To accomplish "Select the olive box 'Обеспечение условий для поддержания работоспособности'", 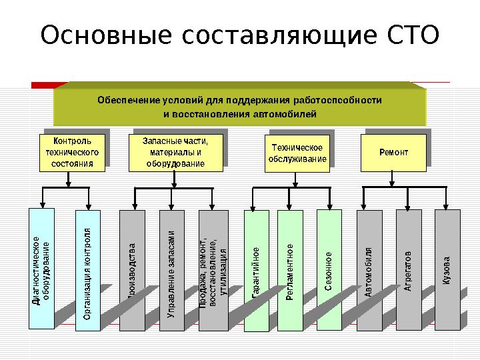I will (239, 107).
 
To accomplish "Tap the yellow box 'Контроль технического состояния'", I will (72, 153).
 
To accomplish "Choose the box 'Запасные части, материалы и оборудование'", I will (175, 153).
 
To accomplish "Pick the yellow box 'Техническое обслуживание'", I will (297, 154).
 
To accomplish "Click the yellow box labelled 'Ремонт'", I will (393, 153).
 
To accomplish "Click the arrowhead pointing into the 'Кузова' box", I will (448, 207).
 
